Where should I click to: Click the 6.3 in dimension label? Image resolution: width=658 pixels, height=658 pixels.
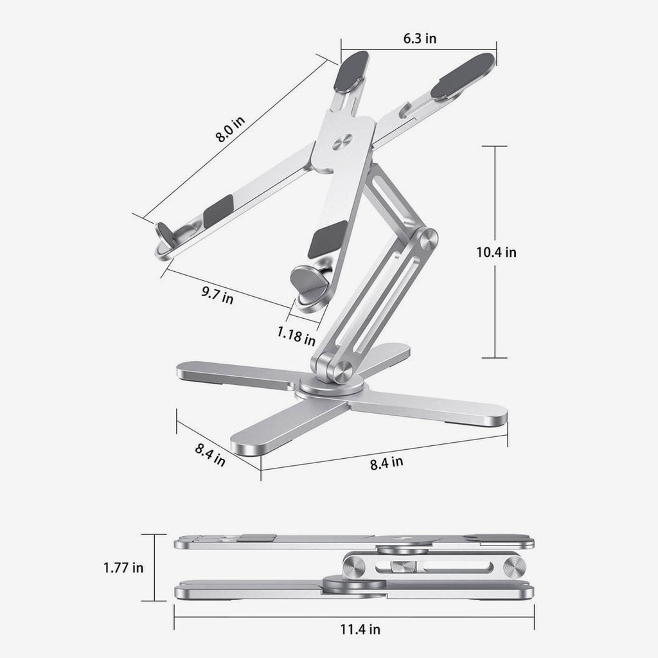[420, 39]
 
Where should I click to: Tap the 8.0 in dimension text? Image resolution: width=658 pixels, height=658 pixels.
[230, 128]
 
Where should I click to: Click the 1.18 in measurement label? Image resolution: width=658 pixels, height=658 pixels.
[296, 335]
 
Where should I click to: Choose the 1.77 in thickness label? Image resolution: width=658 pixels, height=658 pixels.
[123, 567]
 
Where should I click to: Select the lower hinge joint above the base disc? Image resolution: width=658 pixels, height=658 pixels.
[339, 371]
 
